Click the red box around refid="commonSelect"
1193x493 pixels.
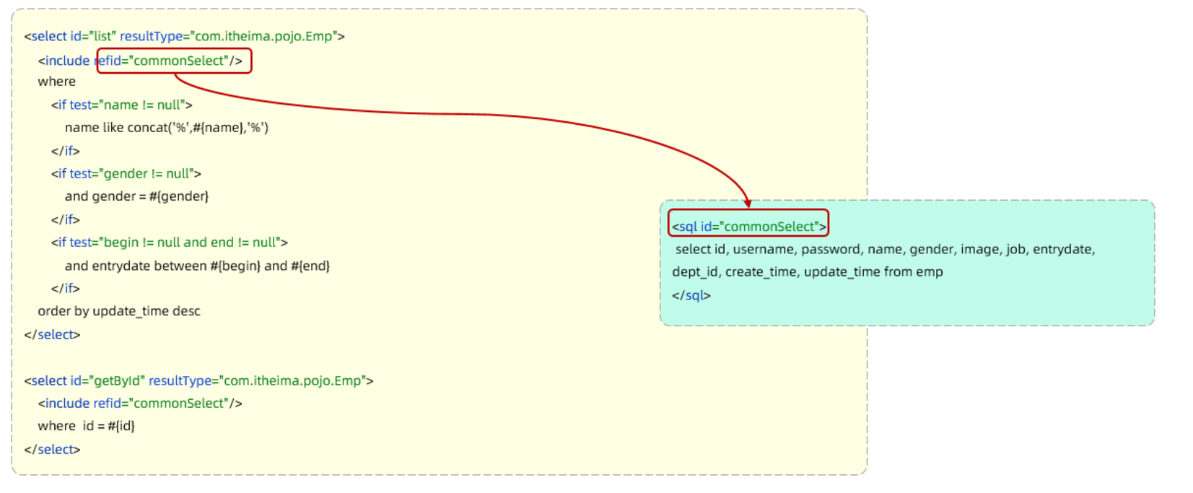[x=174, y=61]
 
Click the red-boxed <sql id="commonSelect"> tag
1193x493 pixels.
[x=748, y=226]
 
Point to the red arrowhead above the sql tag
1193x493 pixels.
[x=748, y=203]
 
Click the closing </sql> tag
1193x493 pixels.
[x=691, y=295]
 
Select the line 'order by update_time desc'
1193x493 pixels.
[x=119, y=311]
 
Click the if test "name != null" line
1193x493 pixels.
[x=121, y=105]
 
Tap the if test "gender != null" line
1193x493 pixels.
[x=126, y=173]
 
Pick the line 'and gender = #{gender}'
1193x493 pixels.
[x=136, y=196]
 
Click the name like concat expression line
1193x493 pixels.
[x=166, y=128]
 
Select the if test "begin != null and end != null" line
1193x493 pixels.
[x=169, y=243]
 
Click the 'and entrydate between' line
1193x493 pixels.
[x=197, y=266]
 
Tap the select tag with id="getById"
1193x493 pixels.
[x=198, y=380]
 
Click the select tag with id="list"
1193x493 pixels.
[x=184, y=36]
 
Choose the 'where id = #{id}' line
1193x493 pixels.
[x=86, y=426]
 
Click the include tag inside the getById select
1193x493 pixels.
[x=140, y=403]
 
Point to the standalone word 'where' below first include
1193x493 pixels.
[x=56, y=82]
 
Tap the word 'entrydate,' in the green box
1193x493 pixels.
[x=1063, y=249]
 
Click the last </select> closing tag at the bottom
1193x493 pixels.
[x=52, y=449]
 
